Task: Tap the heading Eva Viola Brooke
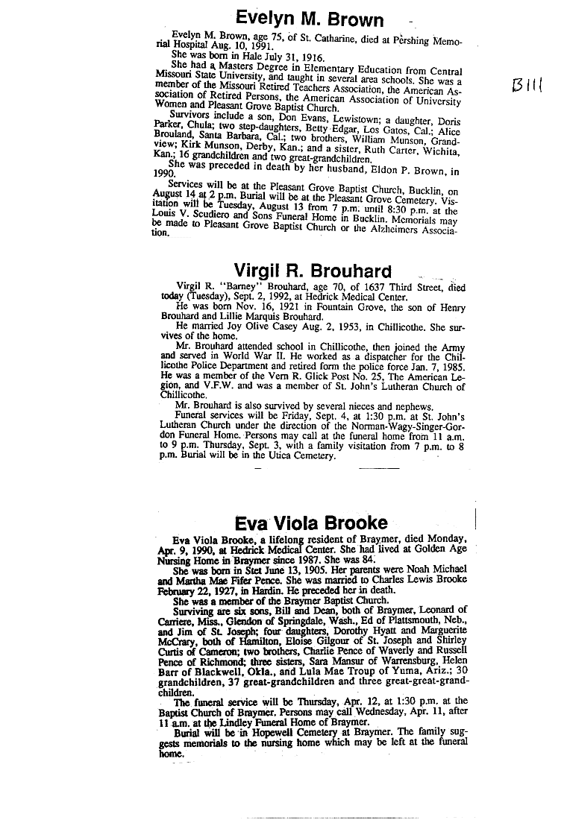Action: [x=311, y=523]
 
